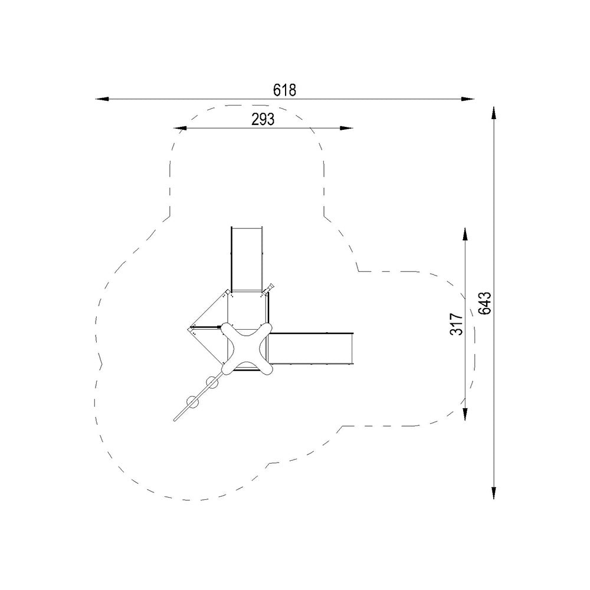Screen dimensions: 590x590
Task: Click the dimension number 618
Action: pyautogui.click(x=284, y=90)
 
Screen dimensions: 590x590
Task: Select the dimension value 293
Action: pyautogui.click(x=263, y=119)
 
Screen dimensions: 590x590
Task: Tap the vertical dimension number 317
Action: pyautogui.click(x=457, y=323)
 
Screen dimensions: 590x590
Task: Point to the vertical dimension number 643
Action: pyautogui.click(x=485, y=303)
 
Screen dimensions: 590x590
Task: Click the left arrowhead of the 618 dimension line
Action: pyautogui.click(x=101, y=99)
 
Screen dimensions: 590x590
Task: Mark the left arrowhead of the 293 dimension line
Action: pyautogui.click(x=180, y=128)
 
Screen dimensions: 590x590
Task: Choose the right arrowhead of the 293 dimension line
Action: pyautogui.click(x=346, y=128)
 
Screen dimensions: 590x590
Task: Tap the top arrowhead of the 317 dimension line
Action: pyautogui.click(x=465, y=234)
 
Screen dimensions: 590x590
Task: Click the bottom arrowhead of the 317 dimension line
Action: pyautogui.click(x=465, y=414)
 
